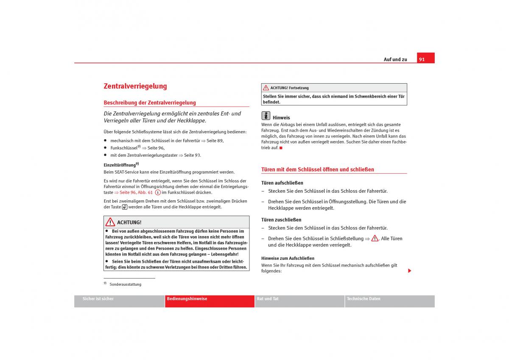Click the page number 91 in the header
point(422,59)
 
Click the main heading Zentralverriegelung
point(135,86)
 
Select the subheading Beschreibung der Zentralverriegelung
point(150,103)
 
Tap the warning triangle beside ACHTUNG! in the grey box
point(110,222)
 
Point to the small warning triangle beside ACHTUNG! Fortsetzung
point(266,88)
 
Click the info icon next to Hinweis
point(266,115)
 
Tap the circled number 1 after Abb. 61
point(157,192)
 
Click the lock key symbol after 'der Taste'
point(125,207)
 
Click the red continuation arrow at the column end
point(410,271)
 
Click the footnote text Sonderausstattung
point(125,284)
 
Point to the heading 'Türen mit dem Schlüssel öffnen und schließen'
point(318,169)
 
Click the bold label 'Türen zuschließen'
point(281,220)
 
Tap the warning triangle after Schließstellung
point(375,238)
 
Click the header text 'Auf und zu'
point(395,59)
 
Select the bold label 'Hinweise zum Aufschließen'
point(288,258)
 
